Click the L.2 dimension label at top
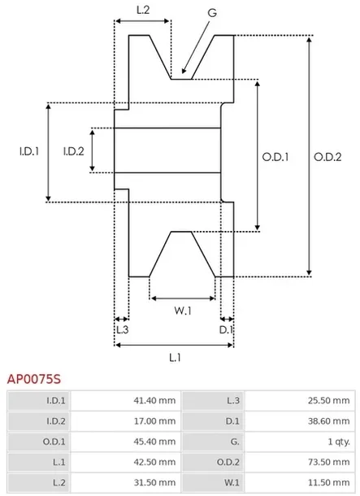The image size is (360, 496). click(141, 11)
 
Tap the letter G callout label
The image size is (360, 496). click(211, 13)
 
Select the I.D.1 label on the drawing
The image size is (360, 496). click(29, 150)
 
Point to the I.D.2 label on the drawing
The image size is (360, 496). click(74, 150)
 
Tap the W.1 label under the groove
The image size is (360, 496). click(183, 310)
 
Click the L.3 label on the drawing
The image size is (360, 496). click(122, 329)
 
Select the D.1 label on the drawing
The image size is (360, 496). click(227, 329)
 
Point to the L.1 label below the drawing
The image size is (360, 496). click(175, 356)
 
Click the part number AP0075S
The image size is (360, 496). click(34, 378)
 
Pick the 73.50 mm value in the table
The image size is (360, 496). click(332, 463)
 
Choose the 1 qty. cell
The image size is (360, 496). click(336, 442)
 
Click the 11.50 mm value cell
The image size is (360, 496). click(332, 485)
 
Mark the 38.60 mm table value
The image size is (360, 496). click(332, 421)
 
